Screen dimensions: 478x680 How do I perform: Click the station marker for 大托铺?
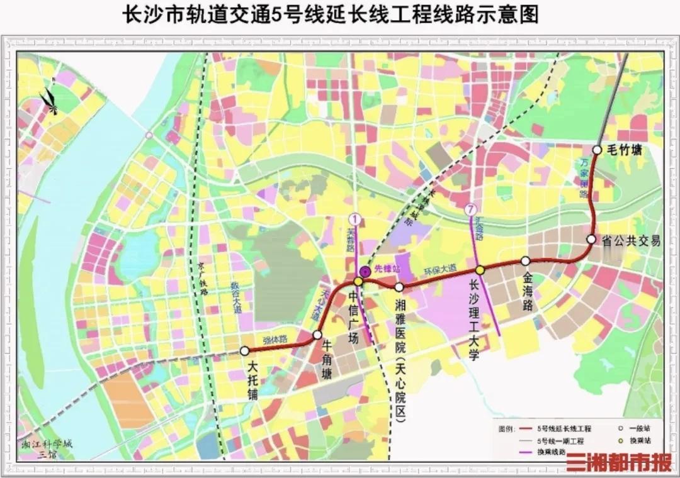245,351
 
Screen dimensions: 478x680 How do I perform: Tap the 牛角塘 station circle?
318,335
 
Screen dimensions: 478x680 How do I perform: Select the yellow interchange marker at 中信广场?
358,282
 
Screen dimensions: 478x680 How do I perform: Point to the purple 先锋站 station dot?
365,272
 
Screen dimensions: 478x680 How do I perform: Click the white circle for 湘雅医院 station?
399,287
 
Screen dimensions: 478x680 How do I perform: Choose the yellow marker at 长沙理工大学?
480,270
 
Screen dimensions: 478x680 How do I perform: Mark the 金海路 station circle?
526,260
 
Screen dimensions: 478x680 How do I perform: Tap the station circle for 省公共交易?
591,239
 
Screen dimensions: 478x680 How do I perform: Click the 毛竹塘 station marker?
597,150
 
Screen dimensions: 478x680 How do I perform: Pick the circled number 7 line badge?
469,209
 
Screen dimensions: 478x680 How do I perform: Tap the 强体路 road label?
275,339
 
